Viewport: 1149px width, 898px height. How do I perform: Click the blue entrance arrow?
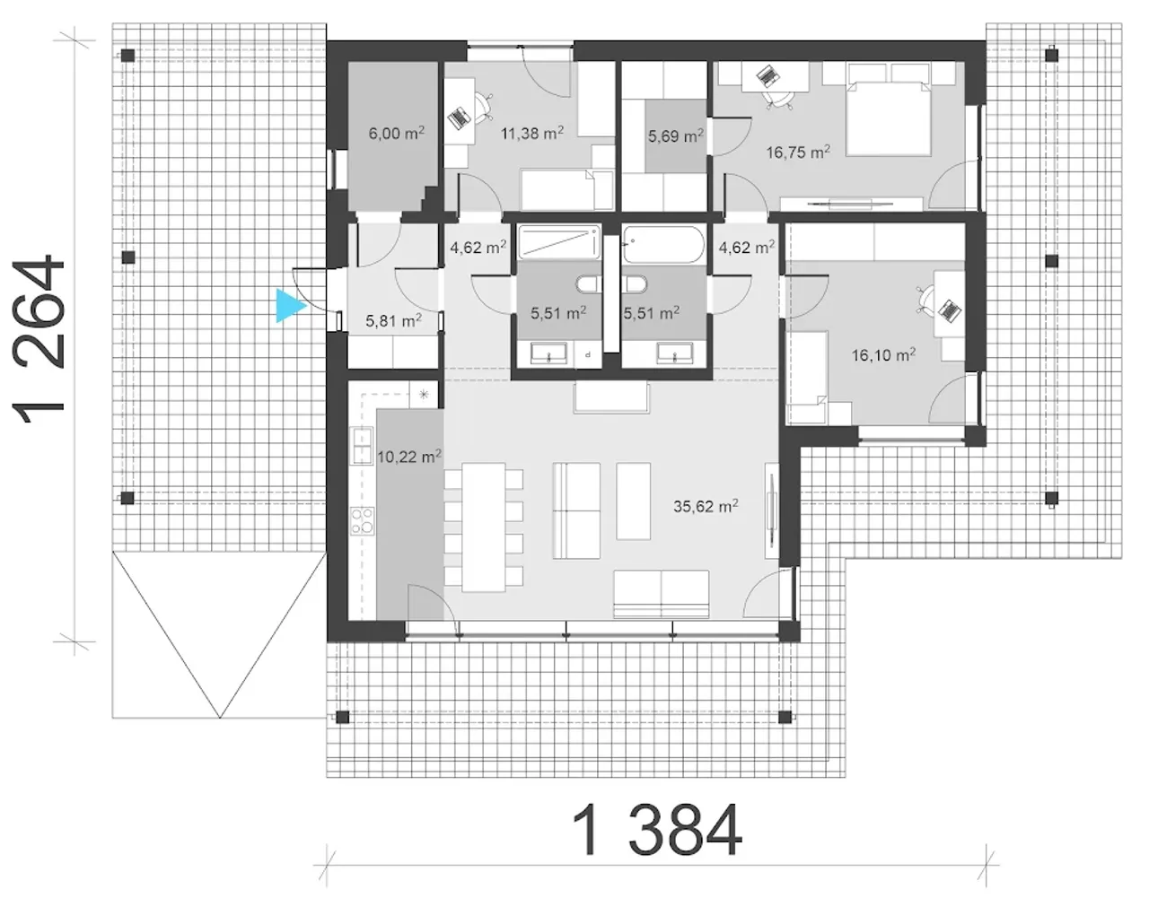point(290,306)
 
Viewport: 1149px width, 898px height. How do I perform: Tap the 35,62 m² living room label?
point(706,506)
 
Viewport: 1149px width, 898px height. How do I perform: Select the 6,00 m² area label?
point(396,133)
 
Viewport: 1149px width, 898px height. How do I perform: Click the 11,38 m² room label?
point(532,133)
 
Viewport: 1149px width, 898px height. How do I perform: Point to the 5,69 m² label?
point(676,135)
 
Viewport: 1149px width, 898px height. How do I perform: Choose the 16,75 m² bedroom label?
point(798,153)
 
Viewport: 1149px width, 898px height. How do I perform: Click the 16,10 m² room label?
point(883,355)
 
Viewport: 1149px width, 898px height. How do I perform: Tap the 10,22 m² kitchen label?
point(409,457)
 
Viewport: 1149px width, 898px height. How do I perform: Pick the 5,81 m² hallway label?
point(393,320)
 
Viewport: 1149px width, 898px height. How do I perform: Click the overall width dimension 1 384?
point(657,831)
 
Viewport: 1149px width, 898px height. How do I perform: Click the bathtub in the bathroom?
point(663,243)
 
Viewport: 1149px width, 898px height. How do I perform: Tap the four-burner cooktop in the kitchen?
point(363,521)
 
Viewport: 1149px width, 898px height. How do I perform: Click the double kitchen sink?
point(362,446)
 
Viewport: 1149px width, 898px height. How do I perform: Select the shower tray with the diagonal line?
point(559,243)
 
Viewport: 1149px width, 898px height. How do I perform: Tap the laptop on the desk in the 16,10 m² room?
point(951,310)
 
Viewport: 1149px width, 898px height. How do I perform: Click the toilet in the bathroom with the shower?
point(589,285)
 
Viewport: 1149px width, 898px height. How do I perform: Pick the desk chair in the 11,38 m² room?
point(482,106)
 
